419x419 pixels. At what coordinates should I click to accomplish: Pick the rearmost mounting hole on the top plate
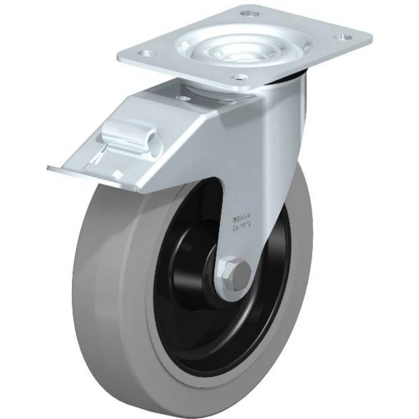coord(250,13)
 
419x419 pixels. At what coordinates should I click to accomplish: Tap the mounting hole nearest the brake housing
coord(240,76)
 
